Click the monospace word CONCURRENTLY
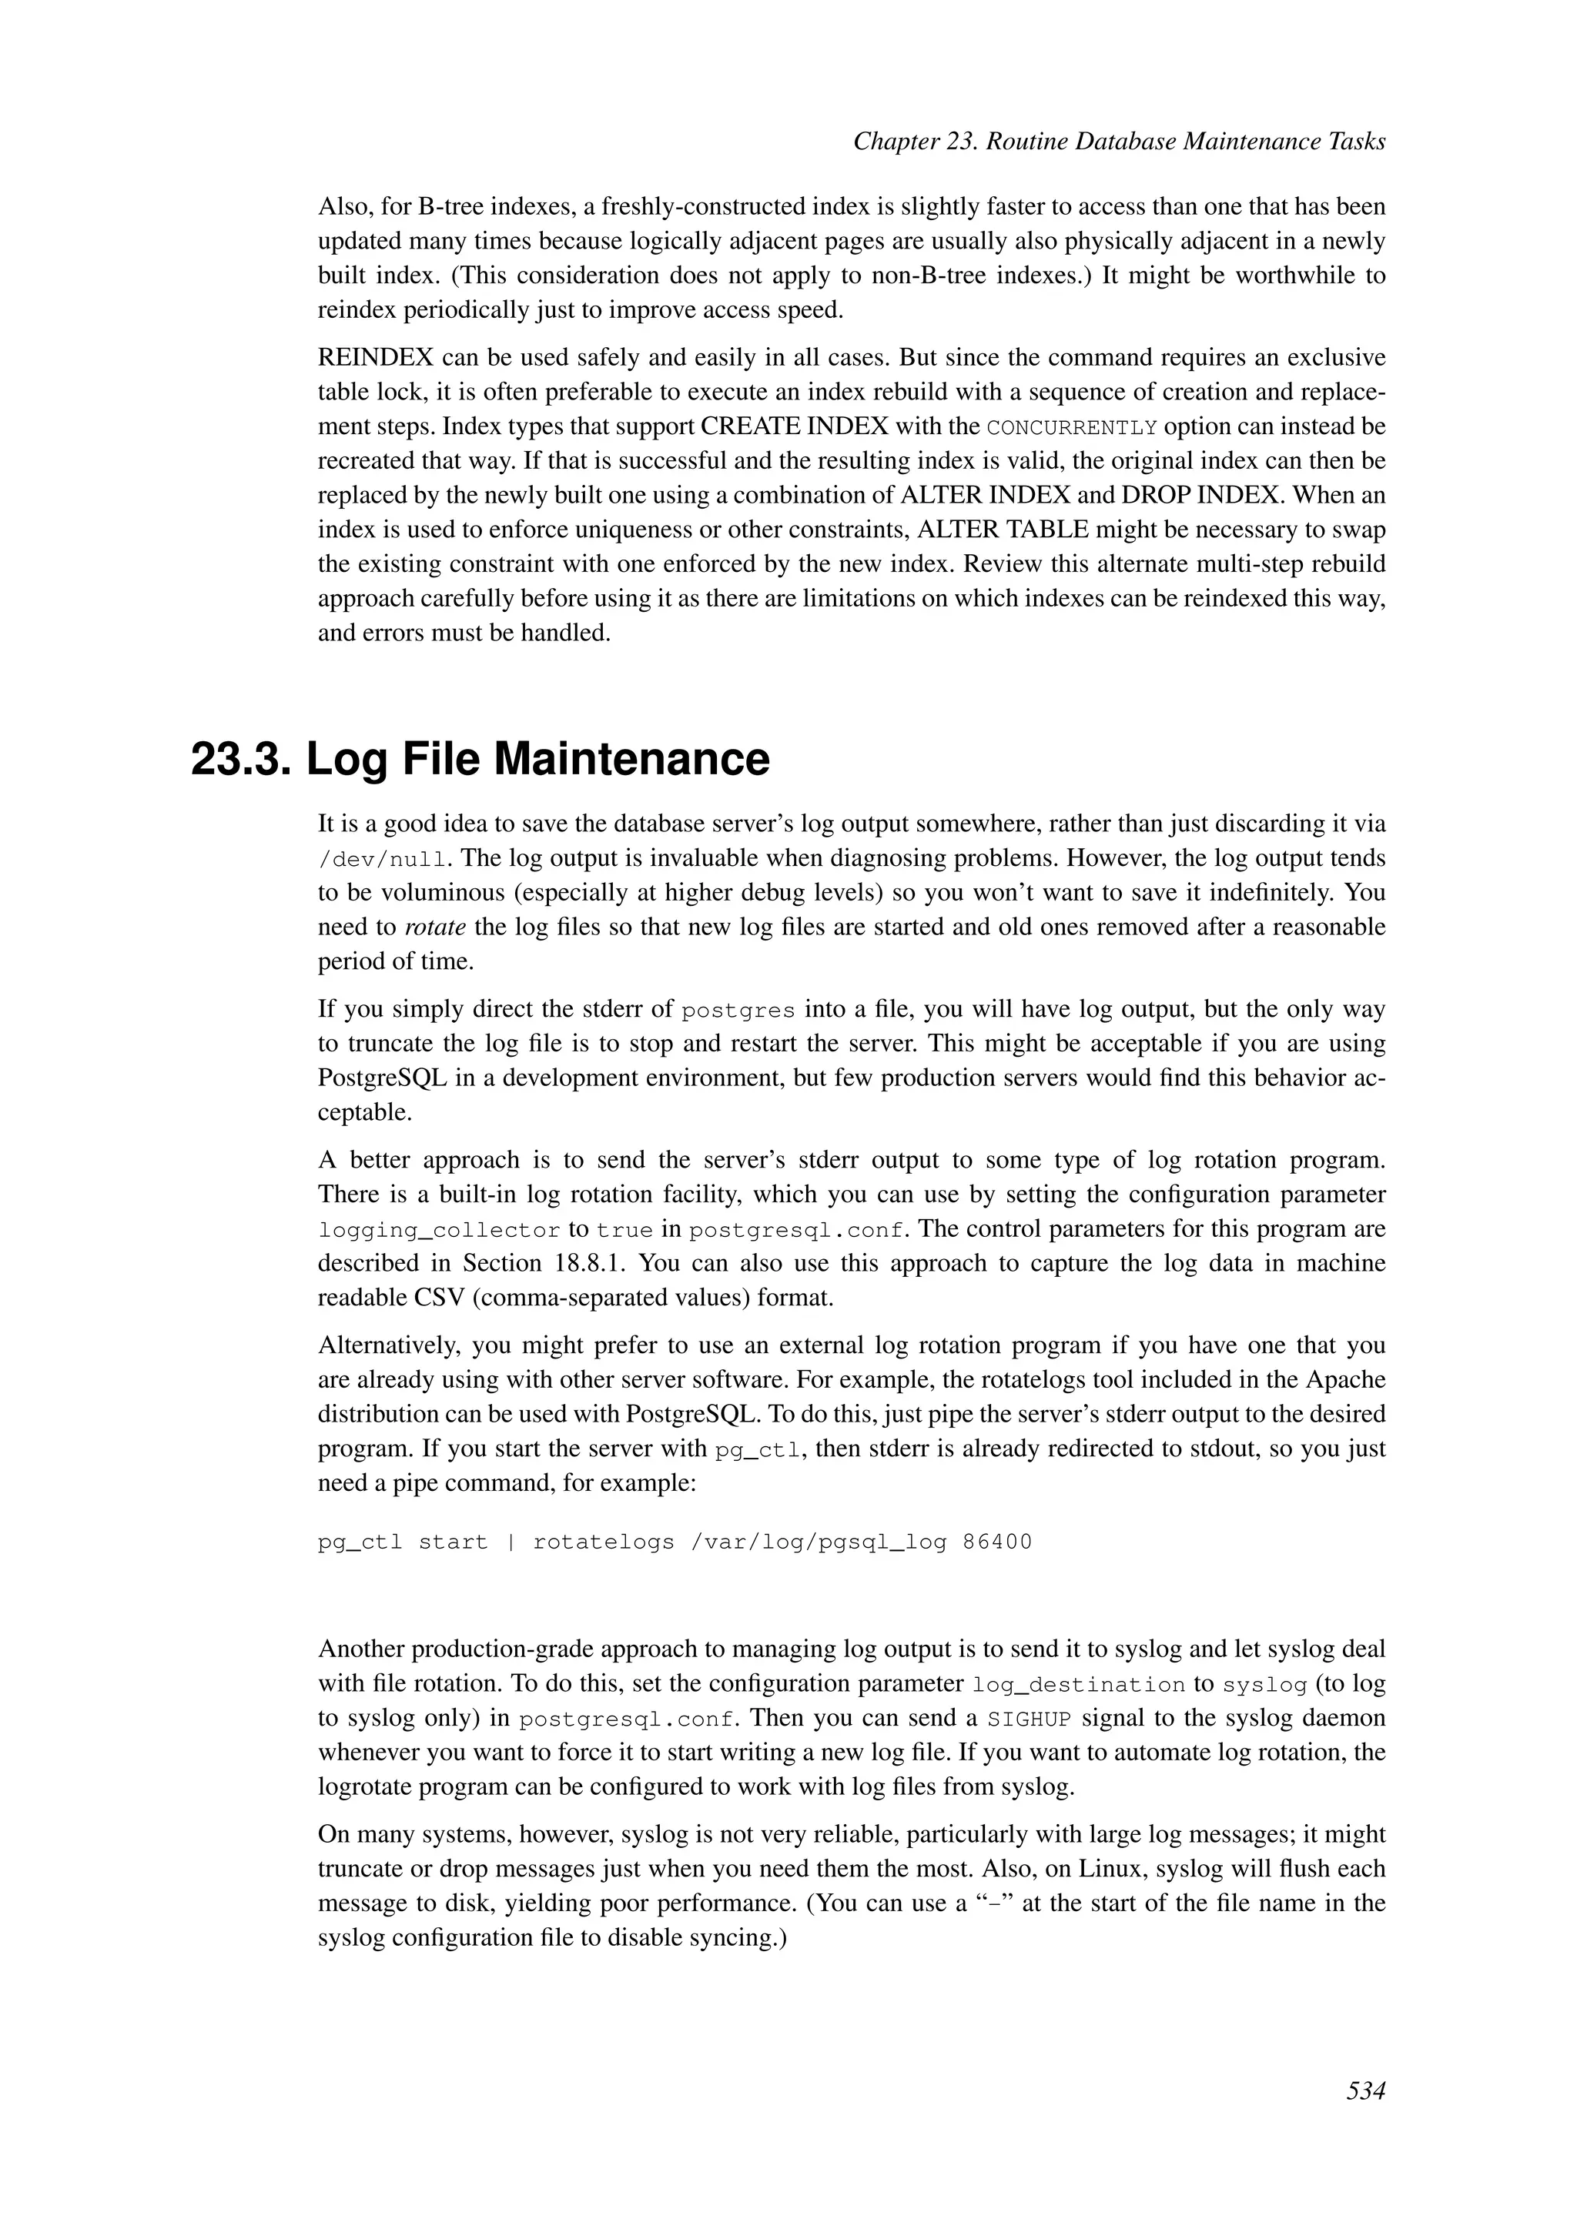pos(1071,428)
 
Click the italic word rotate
pos(434,927)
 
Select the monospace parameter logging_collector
pos(439,1231)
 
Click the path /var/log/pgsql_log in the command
pos(818,1542)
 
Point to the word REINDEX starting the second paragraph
pos(375,358)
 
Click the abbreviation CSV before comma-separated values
pos(445,1298)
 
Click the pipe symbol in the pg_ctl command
pos(511,1542)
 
